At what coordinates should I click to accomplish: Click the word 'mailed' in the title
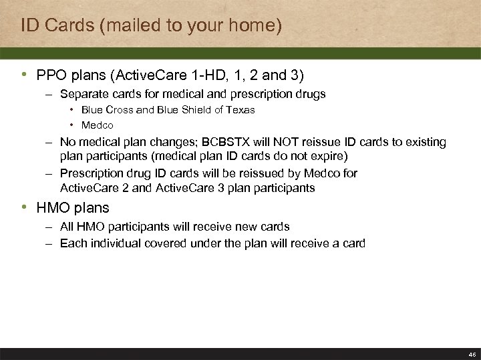[x=127, y=26]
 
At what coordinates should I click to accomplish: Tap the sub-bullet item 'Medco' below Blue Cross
[x=98, y=125]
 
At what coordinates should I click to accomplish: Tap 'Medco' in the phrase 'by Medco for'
[x=322, y=173]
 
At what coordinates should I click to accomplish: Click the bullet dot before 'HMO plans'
[x=25, y=208]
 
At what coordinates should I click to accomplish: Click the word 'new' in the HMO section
[x=245, y=227]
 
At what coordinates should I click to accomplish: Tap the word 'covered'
[x=167, y=243]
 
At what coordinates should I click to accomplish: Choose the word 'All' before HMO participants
[x=67, y=227]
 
